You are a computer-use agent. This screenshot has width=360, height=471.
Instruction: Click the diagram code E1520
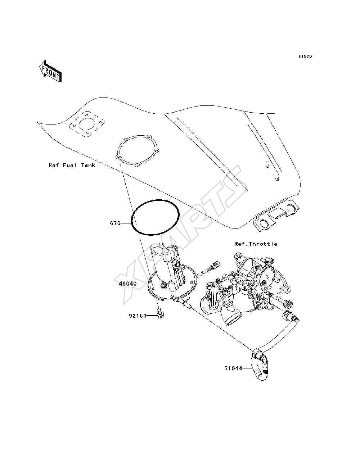tap(305, 56)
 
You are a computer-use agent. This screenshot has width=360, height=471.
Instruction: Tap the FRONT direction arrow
tap(51, 71)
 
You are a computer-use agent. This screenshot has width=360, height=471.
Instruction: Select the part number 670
tap(115, 223)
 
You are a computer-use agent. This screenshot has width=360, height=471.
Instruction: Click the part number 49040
tap(127, 284)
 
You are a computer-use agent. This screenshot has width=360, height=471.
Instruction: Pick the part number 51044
tap(233, 368)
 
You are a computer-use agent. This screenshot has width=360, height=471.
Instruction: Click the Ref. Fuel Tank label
tap(72, 165)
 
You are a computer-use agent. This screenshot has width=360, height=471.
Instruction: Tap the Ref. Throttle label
tap(256, 244)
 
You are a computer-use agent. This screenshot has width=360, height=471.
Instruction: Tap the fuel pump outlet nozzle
tap(188, 304)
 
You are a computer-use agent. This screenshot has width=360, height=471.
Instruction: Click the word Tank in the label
tap(88, 165)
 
